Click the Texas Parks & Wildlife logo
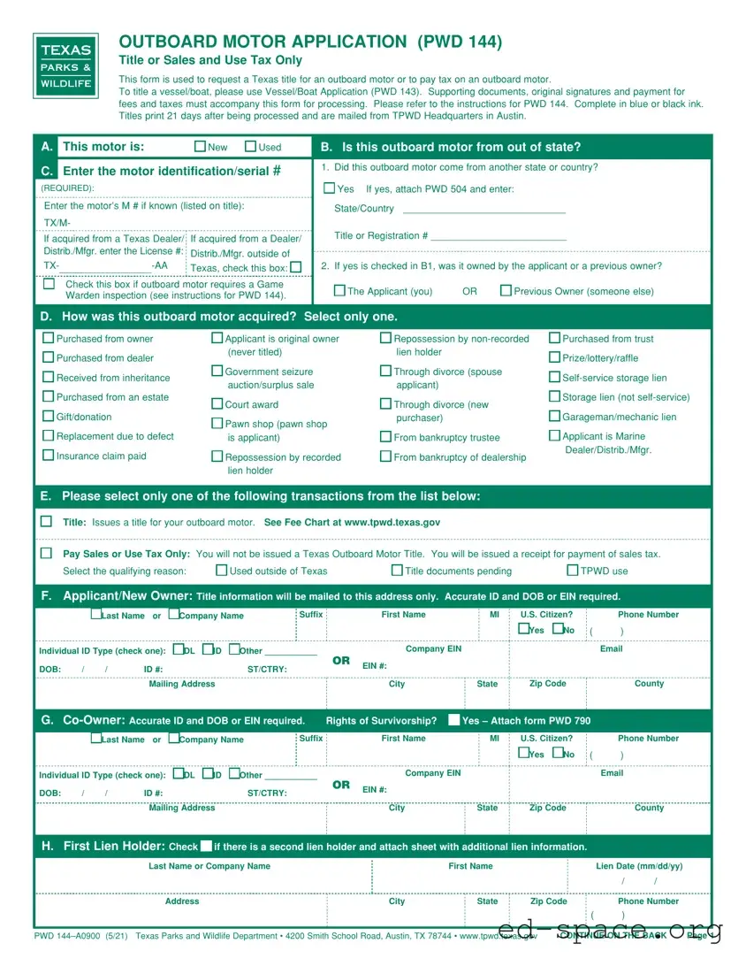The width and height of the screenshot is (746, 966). pos(66,66)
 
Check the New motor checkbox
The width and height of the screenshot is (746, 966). pos(200,147)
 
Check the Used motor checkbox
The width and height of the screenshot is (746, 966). pos(251,147)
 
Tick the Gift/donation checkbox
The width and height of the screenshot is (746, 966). pos(49,417)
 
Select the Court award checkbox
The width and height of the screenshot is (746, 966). pos(217,404)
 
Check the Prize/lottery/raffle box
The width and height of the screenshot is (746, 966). pos(555,357)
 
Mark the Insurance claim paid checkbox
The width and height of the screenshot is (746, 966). pos(49,456)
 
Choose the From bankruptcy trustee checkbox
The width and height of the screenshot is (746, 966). pos(386,437)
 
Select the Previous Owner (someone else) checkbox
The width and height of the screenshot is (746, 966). pos(506,291)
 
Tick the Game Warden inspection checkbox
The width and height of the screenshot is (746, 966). pos(49,284)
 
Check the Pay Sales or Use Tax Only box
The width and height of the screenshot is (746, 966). pos(46,553)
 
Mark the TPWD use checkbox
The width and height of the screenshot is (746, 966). pos(573,571)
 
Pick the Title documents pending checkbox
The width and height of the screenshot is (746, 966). pos(397,571)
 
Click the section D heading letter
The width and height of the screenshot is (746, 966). pos(45,317)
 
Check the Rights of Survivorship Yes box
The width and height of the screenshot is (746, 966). pos(453,720)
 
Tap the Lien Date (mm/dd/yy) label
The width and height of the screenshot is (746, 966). pos(639,866)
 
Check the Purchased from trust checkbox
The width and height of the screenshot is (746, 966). pos(555,338)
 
